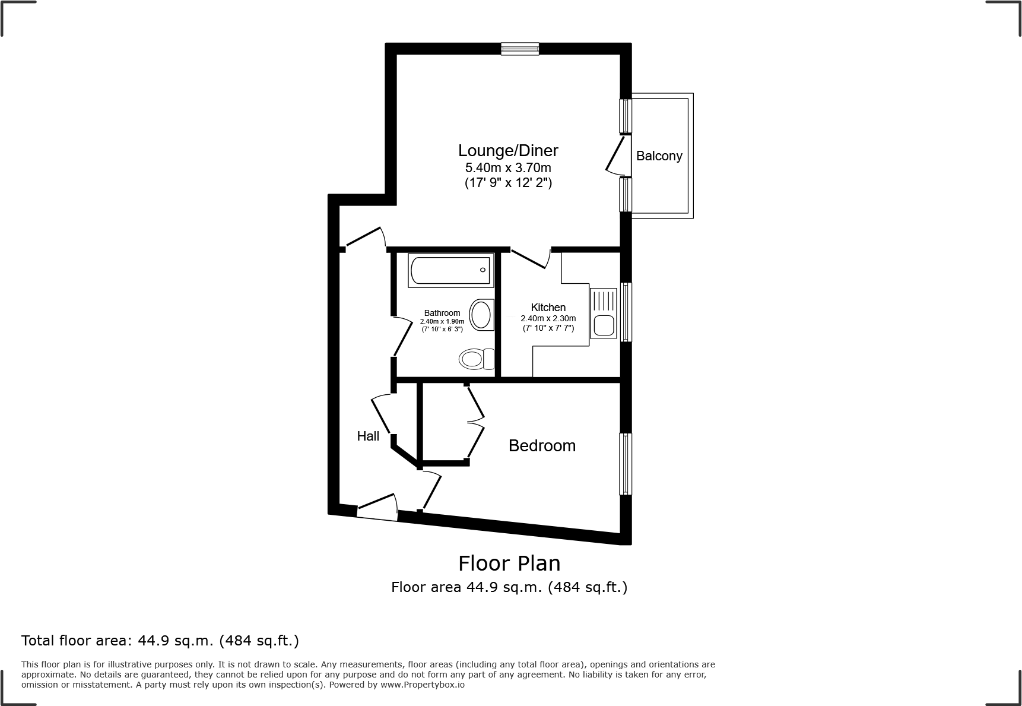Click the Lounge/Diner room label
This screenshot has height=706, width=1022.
click(x=508, y=150)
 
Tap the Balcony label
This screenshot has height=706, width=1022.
click(x=659, y=156)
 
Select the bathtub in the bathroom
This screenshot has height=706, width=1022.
click(x=451, y=271)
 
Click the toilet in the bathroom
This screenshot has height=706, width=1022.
click(x=476, y=359)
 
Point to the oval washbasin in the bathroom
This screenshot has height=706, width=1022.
click(x=482, y=315)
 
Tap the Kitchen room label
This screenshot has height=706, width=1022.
click(x=548, y=308)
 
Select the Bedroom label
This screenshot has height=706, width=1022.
click(x=542, y=446)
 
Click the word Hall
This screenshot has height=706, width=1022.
click(x=368, y=436)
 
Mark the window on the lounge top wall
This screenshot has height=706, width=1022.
click(x=520, y=49)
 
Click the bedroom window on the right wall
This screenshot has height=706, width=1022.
click(x=625, y=464)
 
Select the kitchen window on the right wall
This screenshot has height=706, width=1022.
click(x=626, y=312)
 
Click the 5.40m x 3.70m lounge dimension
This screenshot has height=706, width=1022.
click(x=508, y=168)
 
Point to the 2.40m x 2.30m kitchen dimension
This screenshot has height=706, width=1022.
click(x=548, y=318)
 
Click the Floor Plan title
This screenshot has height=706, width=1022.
click(x=509, y=563)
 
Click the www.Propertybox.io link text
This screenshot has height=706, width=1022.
click(x=423, y=685)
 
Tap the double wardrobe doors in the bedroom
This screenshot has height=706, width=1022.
click(x=477, y=422)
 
